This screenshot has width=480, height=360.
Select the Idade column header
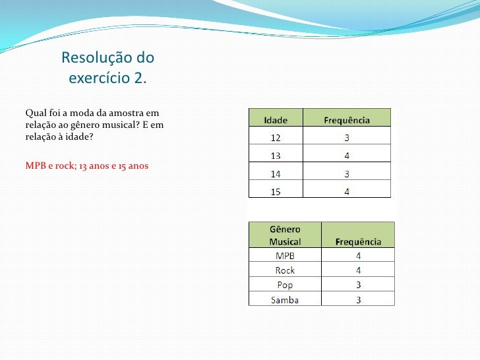tap(276, 121)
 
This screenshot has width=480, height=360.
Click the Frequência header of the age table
tap(347, 121)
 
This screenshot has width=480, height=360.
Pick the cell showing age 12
tap(275, 138)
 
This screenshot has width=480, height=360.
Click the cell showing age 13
tap(275, 156)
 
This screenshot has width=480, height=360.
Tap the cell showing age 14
tap(275, 174)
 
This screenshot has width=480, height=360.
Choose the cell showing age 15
tap(275, 192)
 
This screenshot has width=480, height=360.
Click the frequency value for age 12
tap(347, 138)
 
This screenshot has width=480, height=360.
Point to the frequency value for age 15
tap(347, 192)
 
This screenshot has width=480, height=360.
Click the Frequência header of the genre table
tap(358, 241)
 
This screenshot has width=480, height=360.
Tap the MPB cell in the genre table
tap(285, 256)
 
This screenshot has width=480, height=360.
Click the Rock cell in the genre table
tap(285, 270)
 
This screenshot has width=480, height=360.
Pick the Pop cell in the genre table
tap(285, 285)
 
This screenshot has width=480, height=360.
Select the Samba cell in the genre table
tap(285, 300)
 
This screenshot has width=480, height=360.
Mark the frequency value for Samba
tap(358, 300)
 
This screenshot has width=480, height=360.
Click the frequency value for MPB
tap(358, 256)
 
